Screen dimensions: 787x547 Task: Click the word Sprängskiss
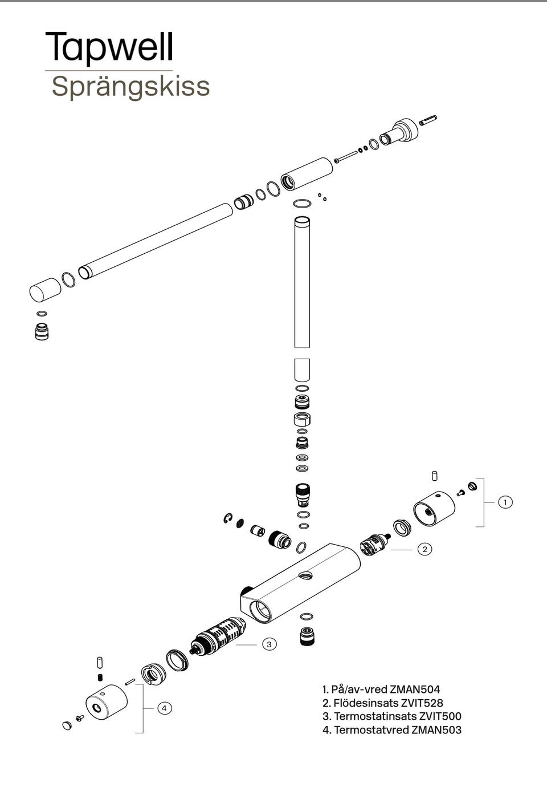coord(130,86)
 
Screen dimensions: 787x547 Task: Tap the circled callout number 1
coord(505,502)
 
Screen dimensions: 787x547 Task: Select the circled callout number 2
coord(424,549)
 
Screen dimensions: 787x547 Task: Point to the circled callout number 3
coord(269,644)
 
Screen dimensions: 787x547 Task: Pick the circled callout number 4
coord(164,708)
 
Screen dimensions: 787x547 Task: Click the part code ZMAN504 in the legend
coord(415,689)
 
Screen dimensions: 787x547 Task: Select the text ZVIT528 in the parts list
coord(422,703)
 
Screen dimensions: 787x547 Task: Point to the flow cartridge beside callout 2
coord(375,545)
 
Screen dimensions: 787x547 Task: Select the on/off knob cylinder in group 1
coord(434,509)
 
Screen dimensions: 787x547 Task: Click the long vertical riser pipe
coord(302,282)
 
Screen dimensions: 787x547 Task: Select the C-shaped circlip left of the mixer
coord(228,518)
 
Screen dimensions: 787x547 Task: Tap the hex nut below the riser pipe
coord(302,419)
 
